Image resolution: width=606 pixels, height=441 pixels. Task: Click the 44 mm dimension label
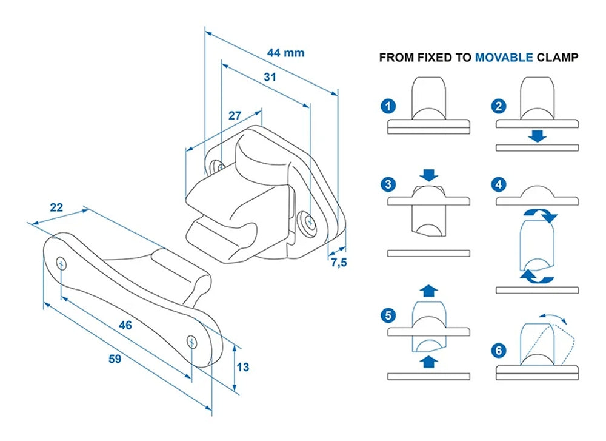285,53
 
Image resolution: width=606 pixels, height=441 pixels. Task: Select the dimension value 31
270,77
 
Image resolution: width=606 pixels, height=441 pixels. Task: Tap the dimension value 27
235,115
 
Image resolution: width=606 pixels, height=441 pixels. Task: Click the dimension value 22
56,207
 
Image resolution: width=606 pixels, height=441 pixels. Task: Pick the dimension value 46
125,325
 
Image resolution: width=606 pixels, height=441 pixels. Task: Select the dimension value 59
115,359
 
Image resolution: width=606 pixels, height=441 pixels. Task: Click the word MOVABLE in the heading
504,58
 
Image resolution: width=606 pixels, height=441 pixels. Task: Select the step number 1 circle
388,106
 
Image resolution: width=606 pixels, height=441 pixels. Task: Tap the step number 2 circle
498,106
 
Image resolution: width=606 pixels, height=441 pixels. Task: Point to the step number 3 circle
388,184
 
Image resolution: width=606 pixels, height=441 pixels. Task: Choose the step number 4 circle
498,184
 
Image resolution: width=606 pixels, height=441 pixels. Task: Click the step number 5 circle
388,315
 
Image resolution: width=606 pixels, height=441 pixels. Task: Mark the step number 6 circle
498,350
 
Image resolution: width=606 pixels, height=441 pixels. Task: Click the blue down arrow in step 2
537,136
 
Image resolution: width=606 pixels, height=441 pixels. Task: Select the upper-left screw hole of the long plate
61,263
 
